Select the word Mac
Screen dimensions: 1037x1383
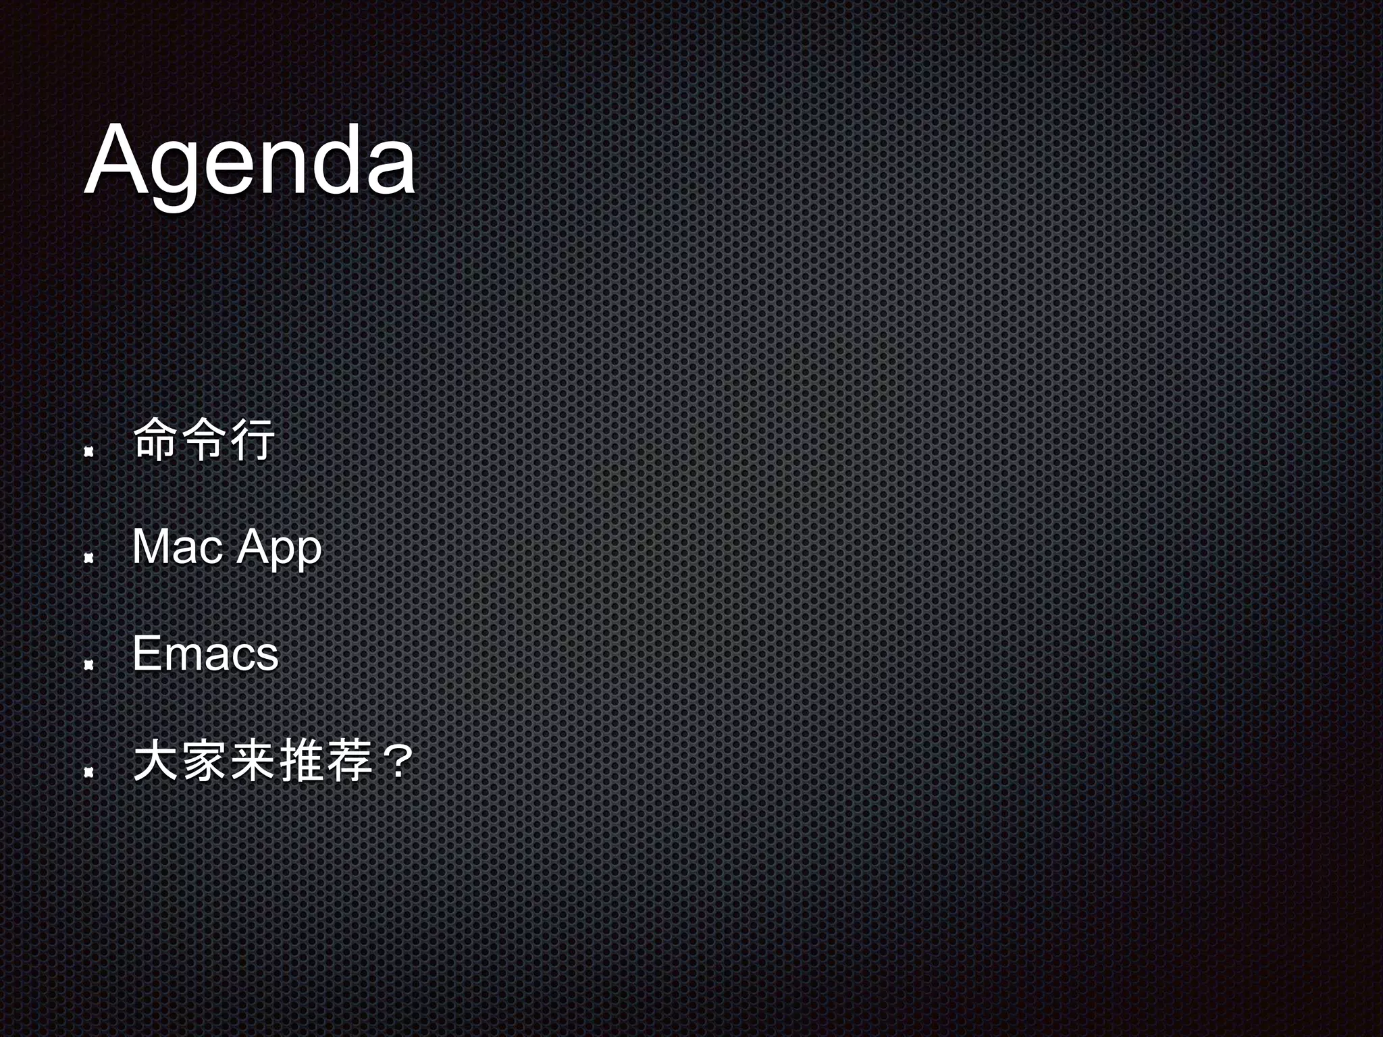pyautogui.click(x=178, y=547)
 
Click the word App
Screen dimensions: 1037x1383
pyautogui.click(x=279, y=548)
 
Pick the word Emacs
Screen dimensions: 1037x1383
pyautogui.click(x=205, y=654)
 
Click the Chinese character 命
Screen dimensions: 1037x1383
pyautogui.click(x=155, y=440)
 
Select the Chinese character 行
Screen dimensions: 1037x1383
pyautogui.click(x=251, y=440)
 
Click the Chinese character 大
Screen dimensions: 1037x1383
pyautogui.click(x=155, y=761)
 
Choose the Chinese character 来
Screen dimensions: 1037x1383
pyautogui.click(x=251, y=761)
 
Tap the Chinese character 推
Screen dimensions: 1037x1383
pyautogui.click(x=301, y=761)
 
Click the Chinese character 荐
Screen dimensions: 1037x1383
pyautogui.click(x=349, y=761)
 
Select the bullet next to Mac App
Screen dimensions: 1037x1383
pyautogui.click(x=88, y=558)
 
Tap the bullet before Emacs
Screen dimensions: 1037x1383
pyautogui.click(x=88, y=666)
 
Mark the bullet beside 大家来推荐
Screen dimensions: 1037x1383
pyautogui.click(x=88, y=772)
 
